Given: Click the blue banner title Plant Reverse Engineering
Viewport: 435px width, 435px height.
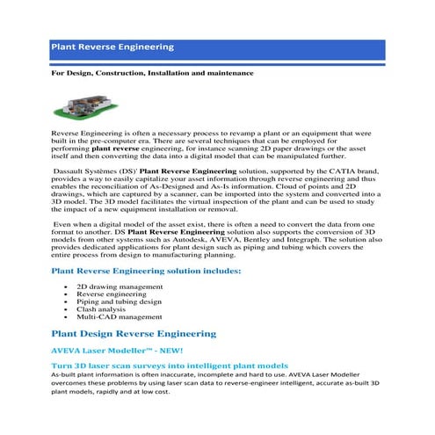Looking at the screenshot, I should pos(112,47).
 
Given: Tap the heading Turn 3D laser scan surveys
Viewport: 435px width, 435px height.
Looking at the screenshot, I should pos(170,364).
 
